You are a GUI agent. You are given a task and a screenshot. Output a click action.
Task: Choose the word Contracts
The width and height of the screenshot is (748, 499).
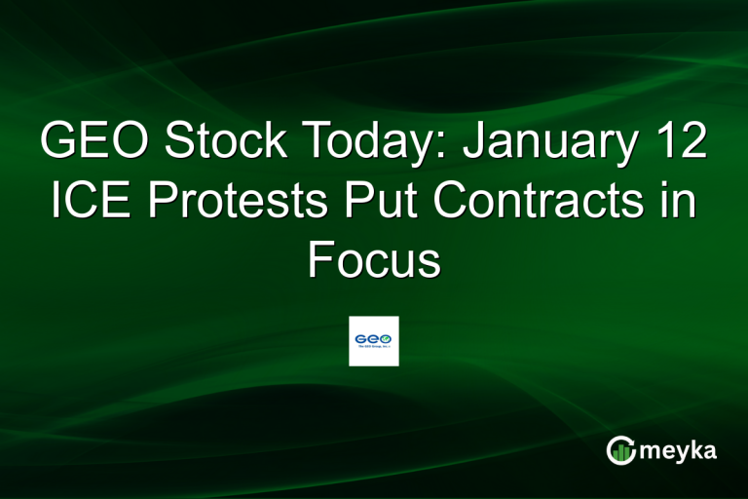pyautogui.click(x=558, y=202)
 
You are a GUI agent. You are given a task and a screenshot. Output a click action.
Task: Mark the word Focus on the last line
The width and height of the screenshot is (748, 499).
pyautogui.click(x=374, y=259)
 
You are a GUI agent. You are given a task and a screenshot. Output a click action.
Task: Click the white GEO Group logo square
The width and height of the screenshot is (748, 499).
pyautogui.click(x=374, y=341)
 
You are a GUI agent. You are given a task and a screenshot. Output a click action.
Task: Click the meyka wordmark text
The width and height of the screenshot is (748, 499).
pyautogui.click(x=678, y=450)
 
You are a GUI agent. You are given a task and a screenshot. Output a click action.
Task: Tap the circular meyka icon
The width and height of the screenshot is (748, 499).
pyautogui.click(x=622, y=450)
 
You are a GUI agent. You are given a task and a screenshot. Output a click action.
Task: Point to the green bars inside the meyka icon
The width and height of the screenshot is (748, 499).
pyautogui.click(x=622, y=452)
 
